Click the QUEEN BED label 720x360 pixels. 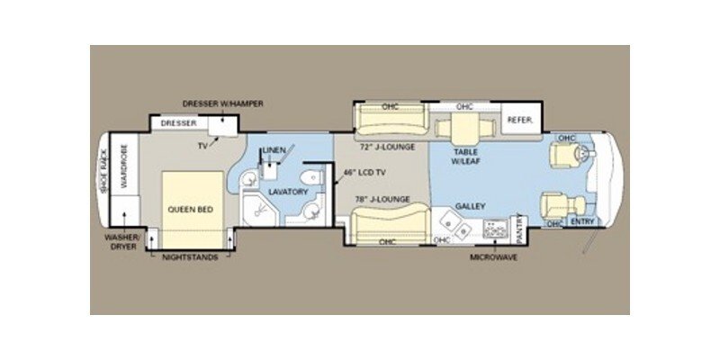point(190,210)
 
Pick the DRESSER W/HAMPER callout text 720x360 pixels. point(223,103)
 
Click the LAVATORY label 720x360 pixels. point(289,192)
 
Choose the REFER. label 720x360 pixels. point(520,121)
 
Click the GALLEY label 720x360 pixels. point(470,206)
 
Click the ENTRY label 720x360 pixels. point(582,222)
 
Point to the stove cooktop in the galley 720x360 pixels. point(495,230)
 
